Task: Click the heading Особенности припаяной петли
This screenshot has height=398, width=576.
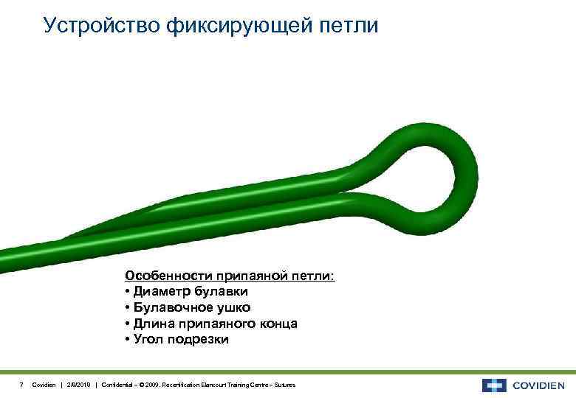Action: point(230,276)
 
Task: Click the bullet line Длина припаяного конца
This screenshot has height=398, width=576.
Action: point(211,324)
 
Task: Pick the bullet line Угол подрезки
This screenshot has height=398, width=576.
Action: point(177,340)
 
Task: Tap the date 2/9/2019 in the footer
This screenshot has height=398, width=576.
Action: point(79,385)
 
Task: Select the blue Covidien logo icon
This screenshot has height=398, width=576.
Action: point(494,385)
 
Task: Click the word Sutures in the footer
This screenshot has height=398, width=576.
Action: point(284,385)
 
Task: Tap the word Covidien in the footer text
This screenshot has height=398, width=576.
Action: point(43,385)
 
